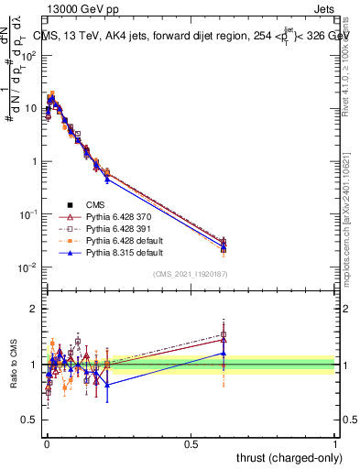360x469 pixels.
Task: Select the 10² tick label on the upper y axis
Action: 28,56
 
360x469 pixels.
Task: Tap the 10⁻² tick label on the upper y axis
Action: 27,267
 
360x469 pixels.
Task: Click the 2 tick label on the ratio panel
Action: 33,309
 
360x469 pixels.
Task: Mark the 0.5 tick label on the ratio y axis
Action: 27,420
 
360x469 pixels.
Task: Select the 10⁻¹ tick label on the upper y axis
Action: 27,214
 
